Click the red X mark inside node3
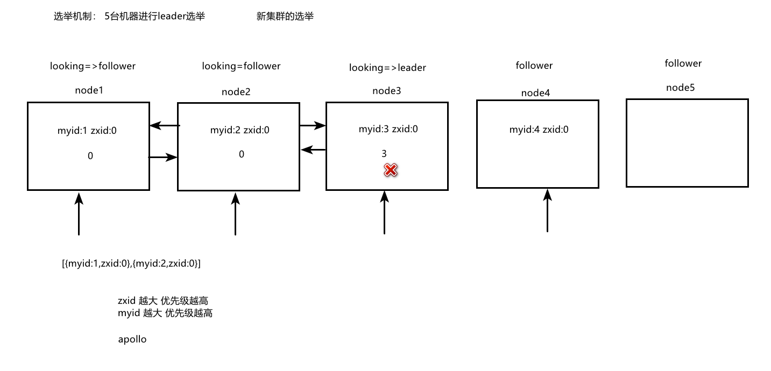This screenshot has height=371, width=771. pyautogui.click(x=390, y=170)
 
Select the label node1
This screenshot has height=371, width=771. pyautogui.click(x=89, y=90)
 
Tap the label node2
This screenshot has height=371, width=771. pyautogui.click(x=236, y=92)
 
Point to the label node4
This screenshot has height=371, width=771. pyautogui.click(x=535, y=93)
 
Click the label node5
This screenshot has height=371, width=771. pyautogui.click(x=680, y=88)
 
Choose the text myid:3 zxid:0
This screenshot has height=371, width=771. pyautogui.click(x=388, y=129)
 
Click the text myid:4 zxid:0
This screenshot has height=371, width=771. pyautogui.click(x=539, y=130)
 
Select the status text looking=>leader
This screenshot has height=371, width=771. pyautogui.click(x=387, y=68)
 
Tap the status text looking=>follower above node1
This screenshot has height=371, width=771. pyautogui.click(x=93, y=66)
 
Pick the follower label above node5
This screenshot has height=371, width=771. pyautogui.click(x=683, y=63)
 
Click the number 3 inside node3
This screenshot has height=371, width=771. pyautogui.click(x=384, y=154)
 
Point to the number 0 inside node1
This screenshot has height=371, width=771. pyautogui.click(x=90, y=156)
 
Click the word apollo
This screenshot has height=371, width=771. pyautogui.click(x=132, y=340)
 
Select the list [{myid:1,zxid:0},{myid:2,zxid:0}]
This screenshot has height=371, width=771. pyautogui.click(x=131, y=263)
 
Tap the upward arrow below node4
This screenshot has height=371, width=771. pyautogui.click(x=547, y=211)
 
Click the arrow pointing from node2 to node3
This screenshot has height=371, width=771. pyautogui.click(x=313, y=126)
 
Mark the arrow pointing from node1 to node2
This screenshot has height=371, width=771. pyautogui.click(x=163, y=158)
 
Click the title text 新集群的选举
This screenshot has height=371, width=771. pyautogui.click(x=285, y=17)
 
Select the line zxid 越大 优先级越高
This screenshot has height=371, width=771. pyautogui.click(x=162, y=301)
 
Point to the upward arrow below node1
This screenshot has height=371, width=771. pyautogui.click(x=79, y=214)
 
